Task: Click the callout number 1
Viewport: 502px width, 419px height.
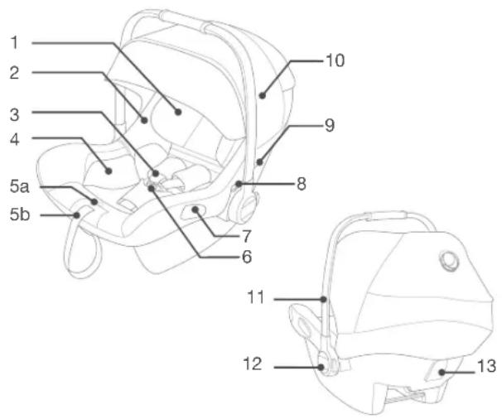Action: [14, 42]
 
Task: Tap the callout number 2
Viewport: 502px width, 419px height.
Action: [14, 73]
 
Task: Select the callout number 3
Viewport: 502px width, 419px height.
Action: [14, 114]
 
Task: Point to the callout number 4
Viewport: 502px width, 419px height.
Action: [14, 140]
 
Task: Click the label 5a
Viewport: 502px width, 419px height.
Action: [19, 186]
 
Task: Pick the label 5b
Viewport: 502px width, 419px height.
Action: [20, 214]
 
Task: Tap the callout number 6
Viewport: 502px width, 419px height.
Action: [247, 257]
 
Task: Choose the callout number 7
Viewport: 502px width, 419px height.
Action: [247, 237]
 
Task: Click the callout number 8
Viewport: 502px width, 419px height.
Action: [301, 184]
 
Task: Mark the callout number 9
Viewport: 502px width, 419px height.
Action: [330, 125]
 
